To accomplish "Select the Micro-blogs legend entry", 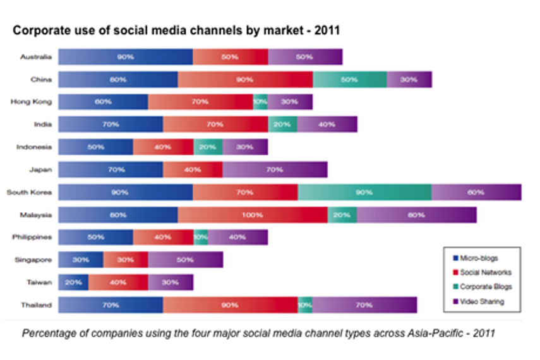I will click(479, 258).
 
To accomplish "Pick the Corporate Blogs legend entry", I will click(486, 287).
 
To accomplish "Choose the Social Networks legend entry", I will click(485, 272).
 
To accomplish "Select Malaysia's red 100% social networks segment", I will click(253, 215).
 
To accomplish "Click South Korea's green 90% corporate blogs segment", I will click(364, 192).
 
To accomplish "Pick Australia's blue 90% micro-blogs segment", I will click(126, 57).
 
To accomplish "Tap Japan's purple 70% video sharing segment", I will click(275, 169).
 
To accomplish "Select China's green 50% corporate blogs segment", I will click(349, 80).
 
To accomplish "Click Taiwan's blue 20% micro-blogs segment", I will click(73, 282).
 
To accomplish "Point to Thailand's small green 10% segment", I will click(305, 304).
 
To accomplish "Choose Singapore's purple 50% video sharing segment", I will click(185, 260).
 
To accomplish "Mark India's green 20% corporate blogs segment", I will click(282, 124).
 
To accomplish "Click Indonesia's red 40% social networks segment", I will click(163, 147).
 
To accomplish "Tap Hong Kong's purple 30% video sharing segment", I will click(290, 102).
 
